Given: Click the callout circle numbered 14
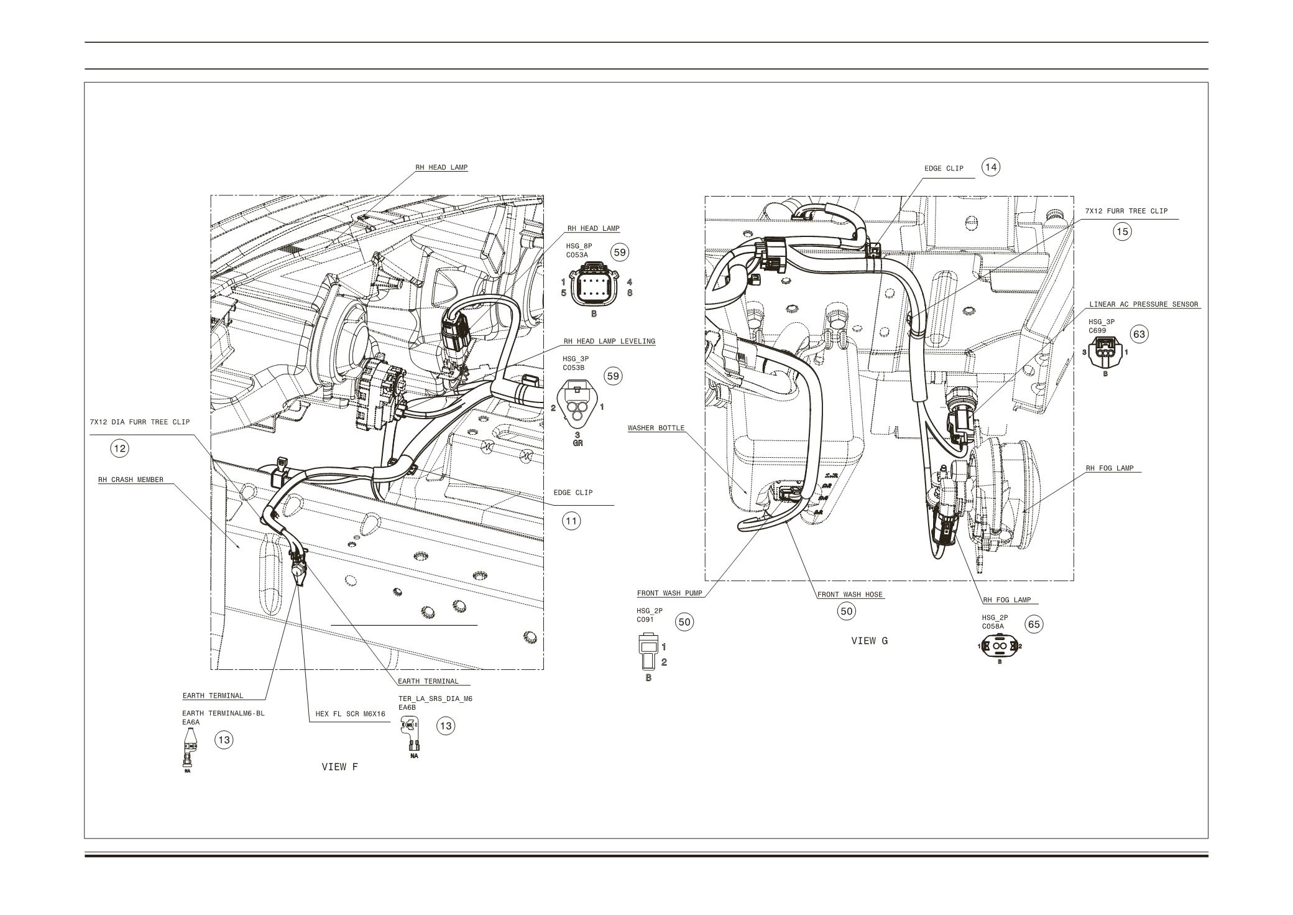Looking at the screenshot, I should (x=991, y=167).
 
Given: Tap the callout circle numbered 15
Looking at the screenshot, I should (x=1122, y=232).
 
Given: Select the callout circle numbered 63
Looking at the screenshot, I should (x=1139, y=334).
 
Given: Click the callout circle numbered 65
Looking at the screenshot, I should (x=1033, y=625).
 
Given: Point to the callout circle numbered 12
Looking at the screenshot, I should (x=119, y=448).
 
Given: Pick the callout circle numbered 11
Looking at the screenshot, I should (x=571, y=521).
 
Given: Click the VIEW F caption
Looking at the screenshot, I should (x=339, y=767).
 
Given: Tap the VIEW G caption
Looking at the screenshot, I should (x=869, y=641).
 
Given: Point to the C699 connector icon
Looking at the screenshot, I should (x=1105, y=354).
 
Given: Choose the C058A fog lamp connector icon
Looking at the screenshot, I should (x=1000, y=647).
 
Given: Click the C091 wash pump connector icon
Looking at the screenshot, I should (x=648, y=650).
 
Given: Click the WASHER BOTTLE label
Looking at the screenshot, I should (x=655, y=428).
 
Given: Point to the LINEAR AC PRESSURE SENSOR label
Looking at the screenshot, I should (x=1143, y=305).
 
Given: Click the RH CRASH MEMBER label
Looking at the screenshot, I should (x=131, y=480).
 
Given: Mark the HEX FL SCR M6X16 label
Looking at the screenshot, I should (x=350, y=714).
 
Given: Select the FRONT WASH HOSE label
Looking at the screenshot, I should (x=850, y=595).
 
